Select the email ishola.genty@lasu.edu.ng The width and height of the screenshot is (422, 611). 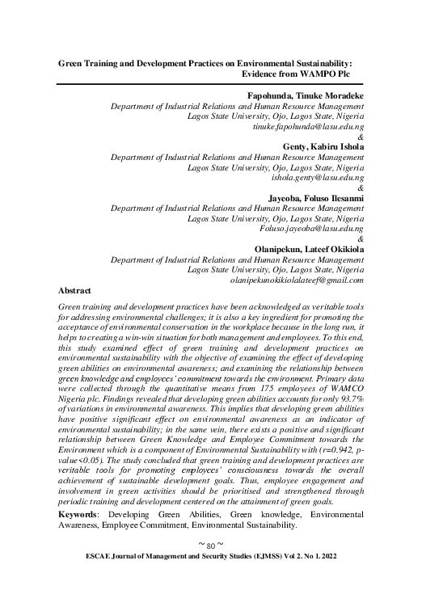click(317, 177)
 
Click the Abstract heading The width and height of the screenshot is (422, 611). click(74, 290)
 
